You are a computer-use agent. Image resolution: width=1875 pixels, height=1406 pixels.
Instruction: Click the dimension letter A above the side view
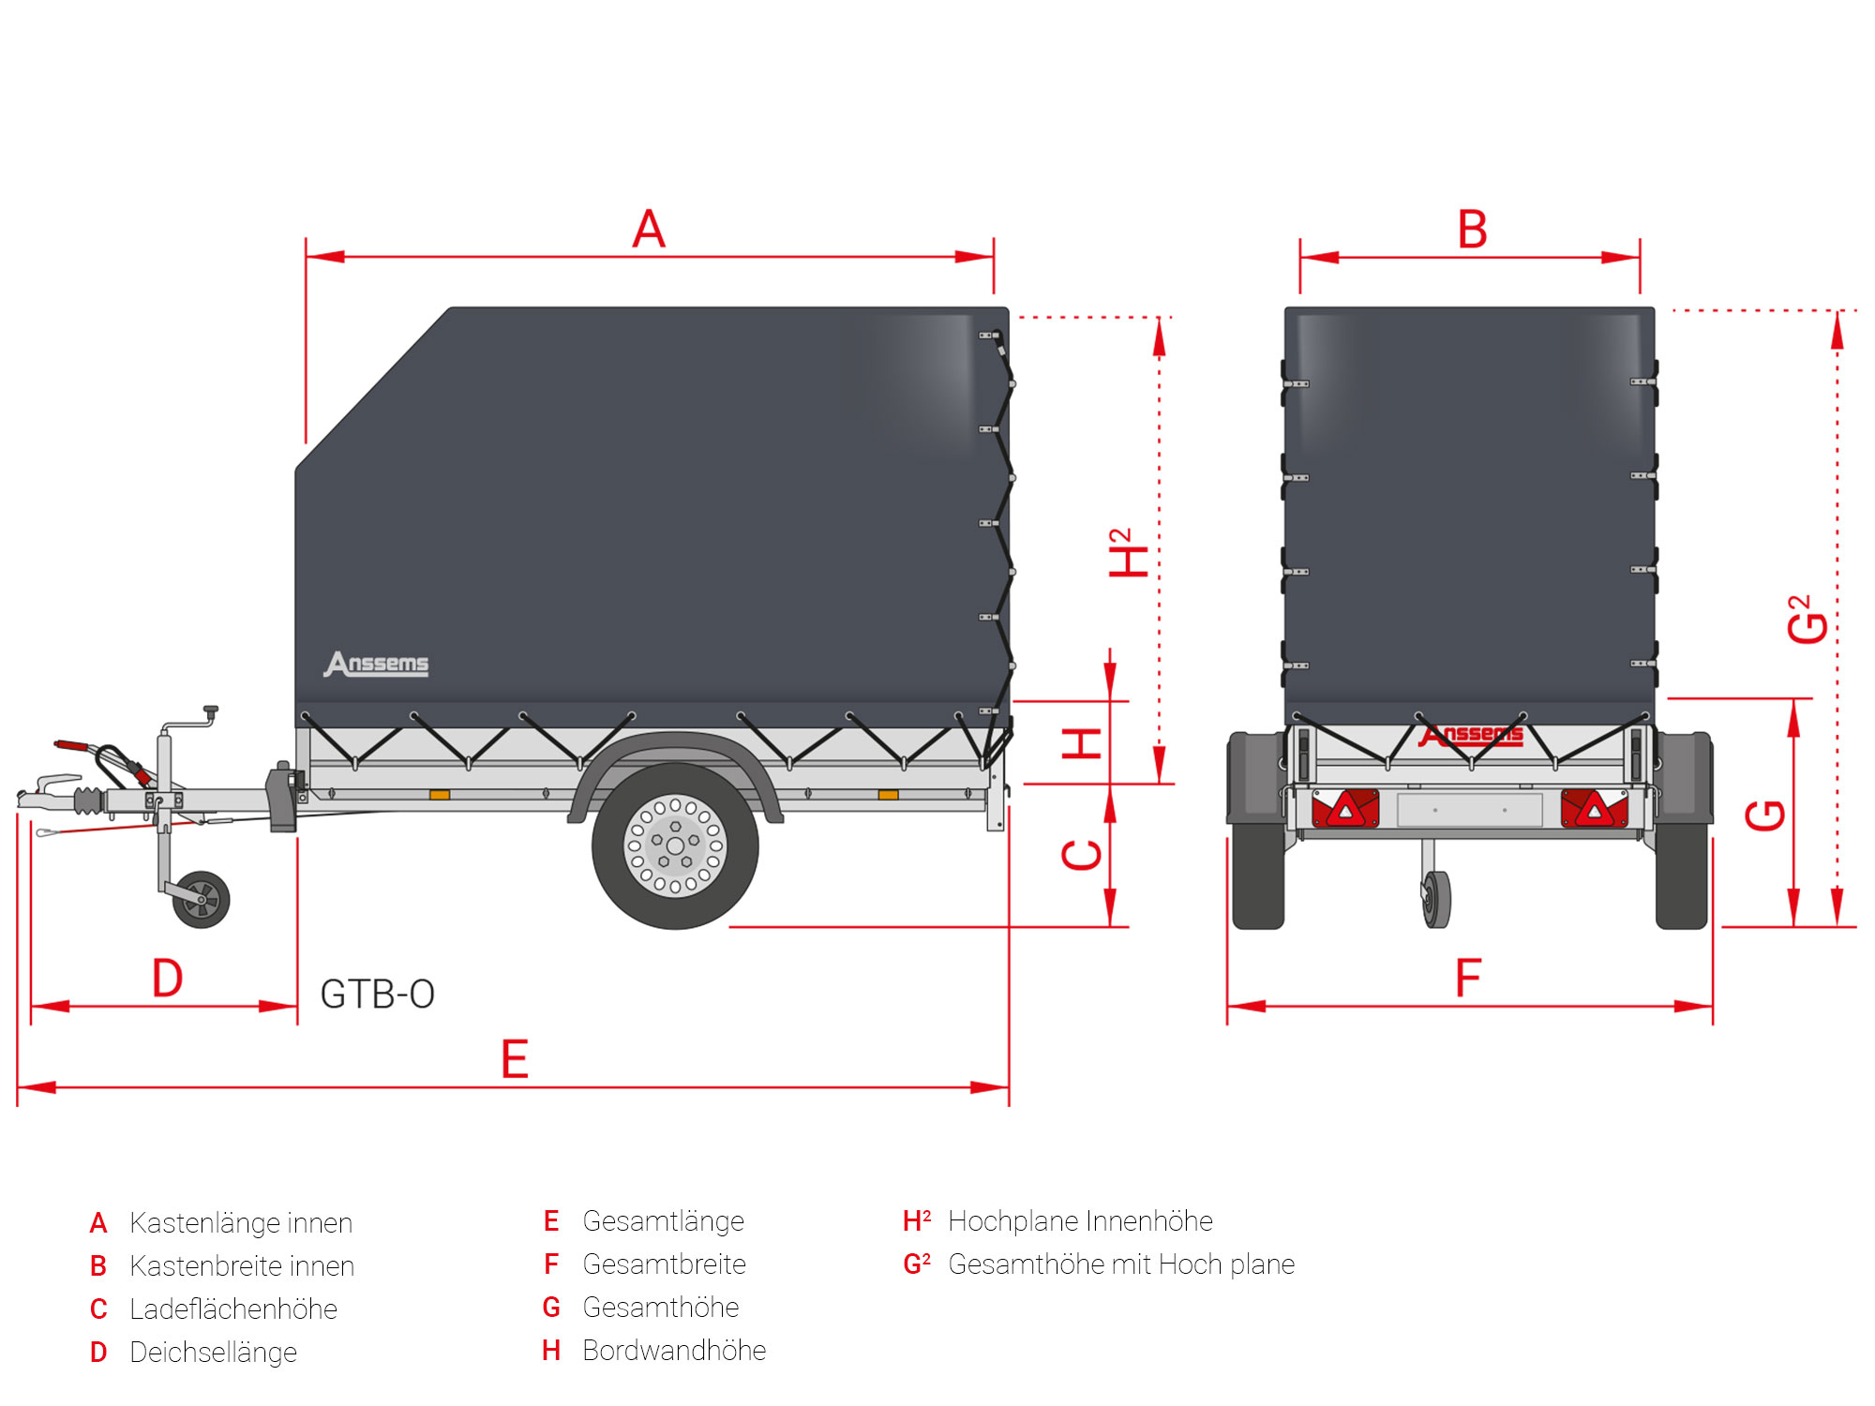tap(649, 230)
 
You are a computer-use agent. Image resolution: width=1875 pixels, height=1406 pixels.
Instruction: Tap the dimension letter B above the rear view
tap(1472, 230)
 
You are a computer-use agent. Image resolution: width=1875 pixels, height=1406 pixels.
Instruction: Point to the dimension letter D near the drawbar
tap(168, 979)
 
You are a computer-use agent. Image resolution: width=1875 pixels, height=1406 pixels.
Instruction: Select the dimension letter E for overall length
tap(515, 1060)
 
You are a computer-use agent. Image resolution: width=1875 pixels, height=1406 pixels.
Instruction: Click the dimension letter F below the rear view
tap(1468, 979)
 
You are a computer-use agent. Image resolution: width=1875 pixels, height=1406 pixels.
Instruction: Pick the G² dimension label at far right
tap(1807, 620)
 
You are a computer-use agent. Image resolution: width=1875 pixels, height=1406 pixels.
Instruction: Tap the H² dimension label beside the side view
tap(1128, 553)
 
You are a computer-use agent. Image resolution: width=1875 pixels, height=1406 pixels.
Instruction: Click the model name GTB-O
tap(377, 995)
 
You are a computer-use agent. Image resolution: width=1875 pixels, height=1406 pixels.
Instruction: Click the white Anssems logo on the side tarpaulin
tap(377, 664)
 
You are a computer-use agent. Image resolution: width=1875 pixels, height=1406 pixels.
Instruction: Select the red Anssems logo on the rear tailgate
tap(1471, 736)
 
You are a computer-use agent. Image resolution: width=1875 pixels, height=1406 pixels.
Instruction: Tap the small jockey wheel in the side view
tap(202, 900)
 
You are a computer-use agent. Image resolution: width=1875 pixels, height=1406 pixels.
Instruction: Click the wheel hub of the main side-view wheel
tap(675, 846)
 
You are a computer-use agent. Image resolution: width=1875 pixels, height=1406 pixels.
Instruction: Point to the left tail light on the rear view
tap(1345, 809)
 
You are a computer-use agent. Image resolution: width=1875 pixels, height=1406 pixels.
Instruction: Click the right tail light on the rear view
tap(1594, 809)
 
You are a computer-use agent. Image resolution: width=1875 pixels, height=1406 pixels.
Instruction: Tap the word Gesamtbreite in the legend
tap(664, 1264)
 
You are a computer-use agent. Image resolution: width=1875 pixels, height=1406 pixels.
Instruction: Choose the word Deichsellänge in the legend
tap(213, 1353)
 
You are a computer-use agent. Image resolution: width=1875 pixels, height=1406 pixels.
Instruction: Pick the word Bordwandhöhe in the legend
tap(674, 1351)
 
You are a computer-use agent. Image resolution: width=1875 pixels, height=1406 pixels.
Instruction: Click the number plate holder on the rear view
tap(1469, 810)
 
